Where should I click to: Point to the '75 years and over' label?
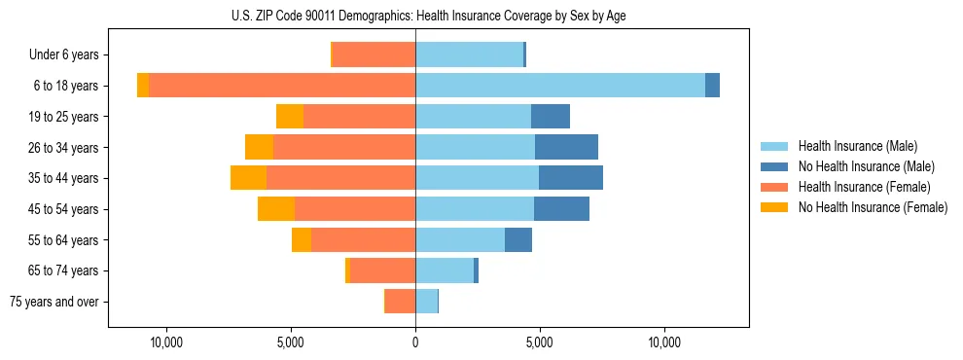(54, 302)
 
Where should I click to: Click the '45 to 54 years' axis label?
(61, 209)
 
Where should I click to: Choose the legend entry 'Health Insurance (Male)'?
(857, 146)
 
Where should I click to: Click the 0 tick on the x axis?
(415, 342)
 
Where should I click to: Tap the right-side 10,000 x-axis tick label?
(664, 342)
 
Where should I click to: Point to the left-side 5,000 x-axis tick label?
(291, 342)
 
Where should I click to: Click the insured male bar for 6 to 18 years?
(560, 86)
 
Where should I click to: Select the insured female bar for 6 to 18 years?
(282, 86)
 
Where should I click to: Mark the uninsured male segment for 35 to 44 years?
(571, 178)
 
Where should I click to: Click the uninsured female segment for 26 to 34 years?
(259, 147)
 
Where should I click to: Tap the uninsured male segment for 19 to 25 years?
(551, 117)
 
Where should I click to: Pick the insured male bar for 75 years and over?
(426, 302)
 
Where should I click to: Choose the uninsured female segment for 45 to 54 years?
(276, 209)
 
